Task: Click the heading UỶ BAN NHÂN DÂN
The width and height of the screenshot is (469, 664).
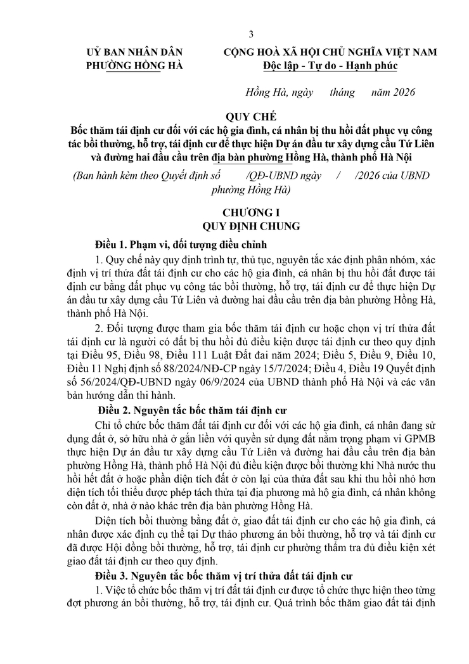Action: pos(127,52)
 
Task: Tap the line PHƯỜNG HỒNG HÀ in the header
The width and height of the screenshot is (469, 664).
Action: pos(127,65)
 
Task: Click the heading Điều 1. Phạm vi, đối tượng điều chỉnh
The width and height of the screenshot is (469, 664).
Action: pos(181,244)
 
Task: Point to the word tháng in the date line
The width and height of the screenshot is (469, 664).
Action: pos(342,92)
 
